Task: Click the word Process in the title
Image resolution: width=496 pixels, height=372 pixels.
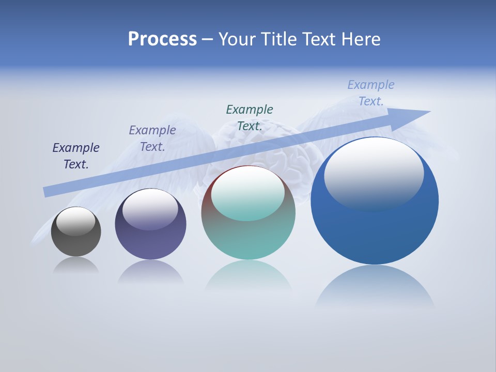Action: click(162, 39)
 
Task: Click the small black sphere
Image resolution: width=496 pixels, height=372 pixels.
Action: click(76, 243)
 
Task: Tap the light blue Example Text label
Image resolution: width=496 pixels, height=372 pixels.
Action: click(371, 93)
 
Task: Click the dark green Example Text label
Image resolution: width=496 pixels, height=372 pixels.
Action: click(250, 117)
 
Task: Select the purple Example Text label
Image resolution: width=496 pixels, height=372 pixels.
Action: click(152, 138)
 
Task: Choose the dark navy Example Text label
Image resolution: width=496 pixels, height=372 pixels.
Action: click(76, 156)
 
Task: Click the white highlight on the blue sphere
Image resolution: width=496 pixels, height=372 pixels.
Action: click(374, 173)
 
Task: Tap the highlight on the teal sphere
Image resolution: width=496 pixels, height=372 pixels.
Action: click(248, 193)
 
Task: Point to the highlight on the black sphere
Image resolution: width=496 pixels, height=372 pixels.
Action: click(76, 221)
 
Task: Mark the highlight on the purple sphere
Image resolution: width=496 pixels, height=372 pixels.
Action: click(150, 208)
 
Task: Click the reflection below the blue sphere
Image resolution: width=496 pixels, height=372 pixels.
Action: click(375, 287)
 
